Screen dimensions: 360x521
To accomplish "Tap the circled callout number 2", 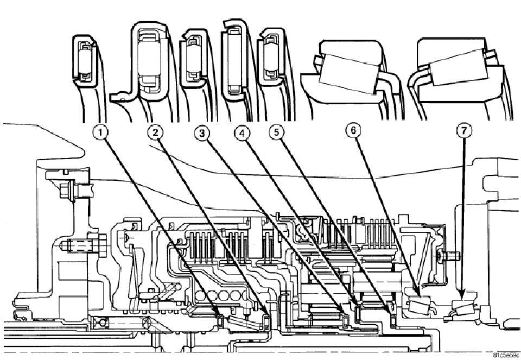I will coord(156,132).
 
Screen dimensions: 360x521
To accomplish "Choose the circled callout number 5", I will coord(277,132).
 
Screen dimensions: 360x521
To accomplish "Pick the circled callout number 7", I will coord(465,132).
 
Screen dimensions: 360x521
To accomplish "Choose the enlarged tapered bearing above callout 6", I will coord(348,73).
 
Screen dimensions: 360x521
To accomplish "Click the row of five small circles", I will coord(217,296).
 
